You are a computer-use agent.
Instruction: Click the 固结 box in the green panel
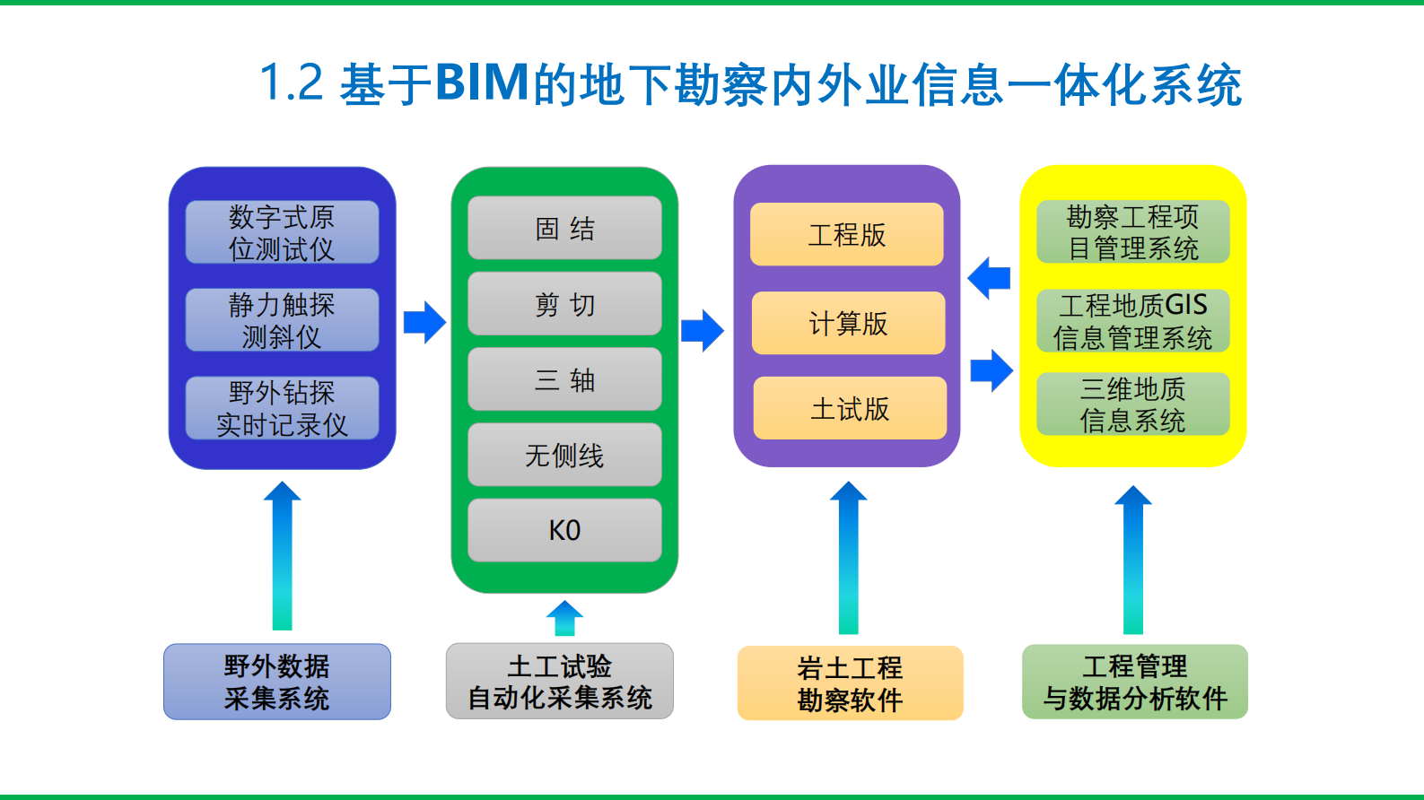coord(564,229)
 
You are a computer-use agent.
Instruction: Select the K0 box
coord(564,530)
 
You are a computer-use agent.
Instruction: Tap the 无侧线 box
coord(564,456)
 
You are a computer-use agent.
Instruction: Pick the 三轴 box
coord(564,380)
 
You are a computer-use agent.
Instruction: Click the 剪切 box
coord(564,305)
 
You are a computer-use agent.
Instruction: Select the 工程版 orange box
coord(846,235)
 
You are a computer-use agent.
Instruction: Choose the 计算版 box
coord(848,323)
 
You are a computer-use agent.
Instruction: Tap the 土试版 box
coord(850,409)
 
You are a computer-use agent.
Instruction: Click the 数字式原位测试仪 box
coord(282,232)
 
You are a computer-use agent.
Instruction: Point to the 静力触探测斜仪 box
coord(282,320)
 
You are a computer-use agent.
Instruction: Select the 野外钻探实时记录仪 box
coord(282,408)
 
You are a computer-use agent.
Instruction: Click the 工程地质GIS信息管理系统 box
coord(1132,321)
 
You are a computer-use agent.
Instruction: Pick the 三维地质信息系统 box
coord(1132,404)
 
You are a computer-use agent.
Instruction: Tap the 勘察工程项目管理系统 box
coord(1132,232)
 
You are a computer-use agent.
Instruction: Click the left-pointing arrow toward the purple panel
coord(990,278)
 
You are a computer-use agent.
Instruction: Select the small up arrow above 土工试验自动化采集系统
coord(564,618)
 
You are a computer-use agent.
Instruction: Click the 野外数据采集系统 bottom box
coord(276,682)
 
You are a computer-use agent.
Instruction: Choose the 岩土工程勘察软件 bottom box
coord(850,683)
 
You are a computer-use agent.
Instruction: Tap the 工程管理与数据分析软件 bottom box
coord(1134,682)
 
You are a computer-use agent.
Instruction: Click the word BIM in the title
coord(483,83)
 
